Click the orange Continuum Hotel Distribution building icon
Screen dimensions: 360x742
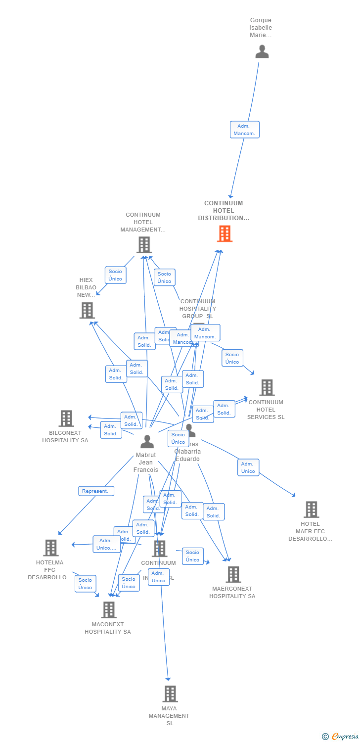(225, 233)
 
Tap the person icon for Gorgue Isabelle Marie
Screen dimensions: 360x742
(262, 51)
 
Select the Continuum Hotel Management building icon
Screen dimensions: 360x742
(143, 245)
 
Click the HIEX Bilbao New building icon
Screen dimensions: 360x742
(87, 310)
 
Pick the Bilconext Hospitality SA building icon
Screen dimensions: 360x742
(66, 418)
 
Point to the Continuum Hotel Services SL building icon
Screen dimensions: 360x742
(267, 388)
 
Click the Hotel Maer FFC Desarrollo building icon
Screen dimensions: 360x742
(311, 510)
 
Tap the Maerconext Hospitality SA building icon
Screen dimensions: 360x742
(233, 574)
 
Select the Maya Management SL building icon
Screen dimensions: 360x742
(170, 694)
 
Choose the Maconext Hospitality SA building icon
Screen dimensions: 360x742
(109, 610)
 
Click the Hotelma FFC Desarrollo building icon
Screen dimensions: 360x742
(50, 548)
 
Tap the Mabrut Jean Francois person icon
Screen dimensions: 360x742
(147, 441)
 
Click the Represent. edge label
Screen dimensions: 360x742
(96, 491)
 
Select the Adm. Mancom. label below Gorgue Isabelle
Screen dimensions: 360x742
(244, 130)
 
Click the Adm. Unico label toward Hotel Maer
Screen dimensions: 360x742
(248, 467)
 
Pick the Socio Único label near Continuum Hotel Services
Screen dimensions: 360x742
(232, 358)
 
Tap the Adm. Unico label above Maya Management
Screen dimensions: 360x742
(158, 577)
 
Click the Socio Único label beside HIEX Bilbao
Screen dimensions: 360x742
(115, 275)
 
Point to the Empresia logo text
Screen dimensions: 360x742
(345, 737)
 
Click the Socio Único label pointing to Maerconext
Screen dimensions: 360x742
(192, 556)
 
